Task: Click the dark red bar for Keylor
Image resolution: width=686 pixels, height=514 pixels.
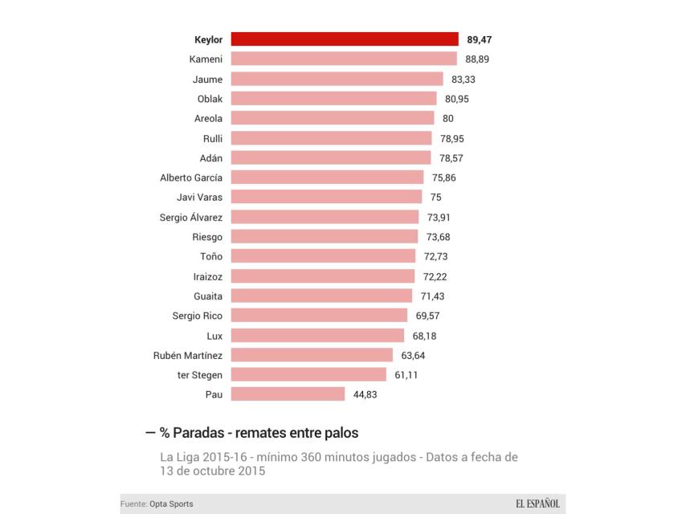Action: coord(345,39)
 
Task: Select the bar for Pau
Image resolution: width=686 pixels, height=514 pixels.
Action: coord(288,394)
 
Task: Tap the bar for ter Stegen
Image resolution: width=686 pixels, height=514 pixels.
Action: coord(308,374)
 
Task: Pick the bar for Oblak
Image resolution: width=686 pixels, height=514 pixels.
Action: coord(333,99)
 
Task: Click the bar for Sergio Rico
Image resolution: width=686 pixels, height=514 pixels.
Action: coord(319,316)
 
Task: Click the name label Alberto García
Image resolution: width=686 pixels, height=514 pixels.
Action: coord(191,177)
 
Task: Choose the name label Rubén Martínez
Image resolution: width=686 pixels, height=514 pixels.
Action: coord(187,355)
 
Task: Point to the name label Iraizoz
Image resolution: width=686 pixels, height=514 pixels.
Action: coord(208,276)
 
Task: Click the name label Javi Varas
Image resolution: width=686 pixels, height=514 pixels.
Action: coord(199,198)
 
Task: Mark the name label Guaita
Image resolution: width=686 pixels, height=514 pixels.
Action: coord(208,296)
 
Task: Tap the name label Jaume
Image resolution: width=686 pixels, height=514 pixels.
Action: coord(207,80)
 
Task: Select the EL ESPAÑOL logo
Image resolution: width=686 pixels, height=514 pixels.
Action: coord(537,504)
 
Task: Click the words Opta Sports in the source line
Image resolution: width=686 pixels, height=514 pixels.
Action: coord(171,504)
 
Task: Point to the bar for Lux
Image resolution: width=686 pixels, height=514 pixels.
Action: coord(317,336)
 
